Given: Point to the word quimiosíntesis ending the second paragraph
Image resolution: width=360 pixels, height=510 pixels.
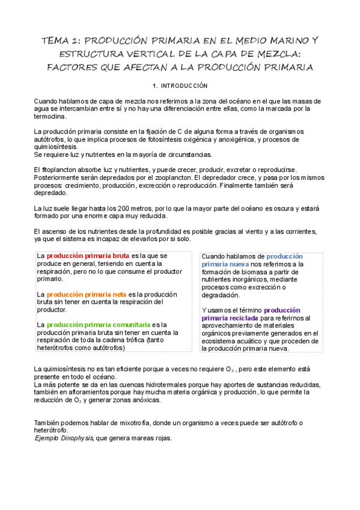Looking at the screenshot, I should [x=55, y=146].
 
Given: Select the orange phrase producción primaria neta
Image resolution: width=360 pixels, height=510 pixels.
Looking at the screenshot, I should [x=86, y=294].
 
